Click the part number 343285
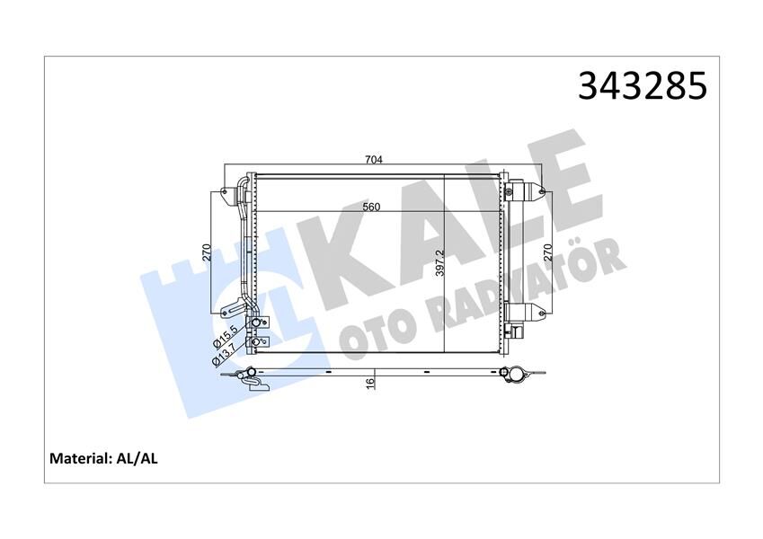(643, 85)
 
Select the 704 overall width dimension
(374, 161)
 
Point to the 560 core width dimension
(371, 208)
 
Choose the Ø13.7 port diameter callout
(225, 350)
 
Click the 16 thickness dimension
(370, 383)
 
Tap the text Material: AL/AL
(103, 458)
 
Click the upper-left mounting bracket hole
(222, 191)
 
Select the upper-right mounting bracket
(532, 190)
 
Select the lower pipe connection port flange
(259, 341)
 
